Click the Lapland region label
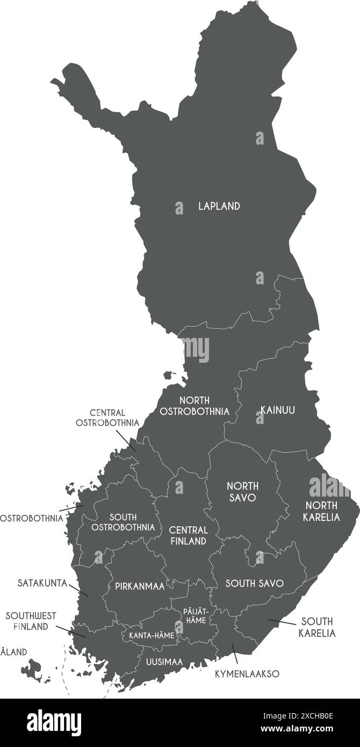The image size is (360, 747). point(219,206)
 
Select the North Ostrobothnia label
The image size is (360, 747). point(195,406)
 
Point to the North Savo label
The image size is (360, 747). point(242,492)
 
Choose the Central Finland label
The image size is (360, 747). point(189,535)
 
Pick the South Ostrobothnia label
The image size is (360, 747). point(123,522)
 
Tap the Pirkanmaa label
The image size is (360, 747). point(140,586)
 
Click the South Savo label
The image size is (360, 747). point(254,583)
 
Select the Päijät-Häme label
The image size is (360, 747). point(195,616)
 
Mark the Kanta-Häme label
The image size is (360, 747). point(151,635)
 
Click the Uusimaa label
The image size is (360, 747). point(164,662)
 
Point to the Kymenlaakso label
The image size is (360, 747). point(247,673)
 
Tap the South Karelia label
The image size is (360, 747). point(317,627)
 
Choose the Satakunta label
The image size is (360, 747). point(42,583)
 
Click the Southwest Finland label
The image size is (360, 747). point(31,621)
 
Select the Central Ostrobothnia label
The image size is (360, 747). point(107,418)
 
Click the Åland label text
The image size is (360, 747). point(13,652)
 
